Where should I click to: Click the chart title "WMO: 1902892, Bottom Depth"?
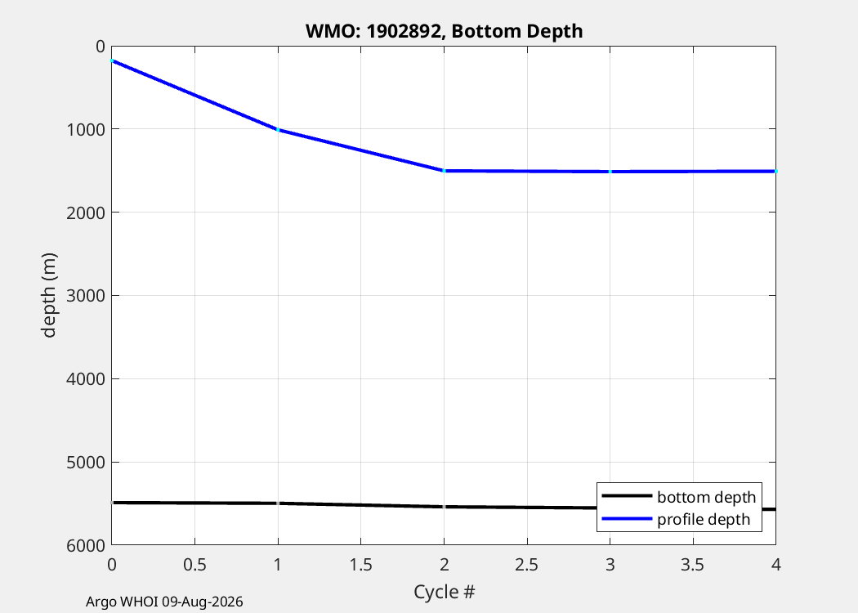pos(444,31)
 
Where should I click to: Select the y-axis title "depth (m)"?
pos(49,296)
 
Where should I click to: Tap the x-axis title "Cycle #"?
pos(445,592)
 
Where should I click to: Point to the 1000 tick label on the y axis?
pos(85,129)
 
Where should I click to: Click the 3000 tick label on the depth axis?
pos(85,296)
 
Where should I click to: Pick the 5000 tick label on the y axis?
pos(85,462)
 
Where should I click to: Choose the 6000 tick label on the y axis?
pos(85,545)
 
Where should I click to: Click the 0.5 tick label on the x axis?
pos(194,564)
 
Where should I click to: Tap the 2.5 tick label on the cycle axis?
pos(527,564)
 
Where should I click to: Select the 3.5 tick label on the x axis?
pos(693,564)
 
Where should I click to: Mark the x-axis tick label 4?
pos(776,564)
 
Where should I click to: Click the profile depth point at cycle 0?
pos(112,60)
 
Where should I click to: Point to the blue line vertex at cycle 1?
pos(278,130)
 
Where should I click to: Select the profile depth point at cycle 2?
pos(444,171)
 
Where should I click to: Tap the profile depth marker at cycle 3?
pos(610,172)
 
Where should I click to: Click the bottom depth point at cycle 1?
pos(278,503)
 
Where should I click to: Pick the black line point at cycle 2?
pos(444,507)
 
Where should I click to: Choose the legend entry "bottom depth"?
pos(678,496)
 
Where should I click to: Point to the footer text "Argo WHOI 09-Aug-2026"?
pos(164,602)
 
